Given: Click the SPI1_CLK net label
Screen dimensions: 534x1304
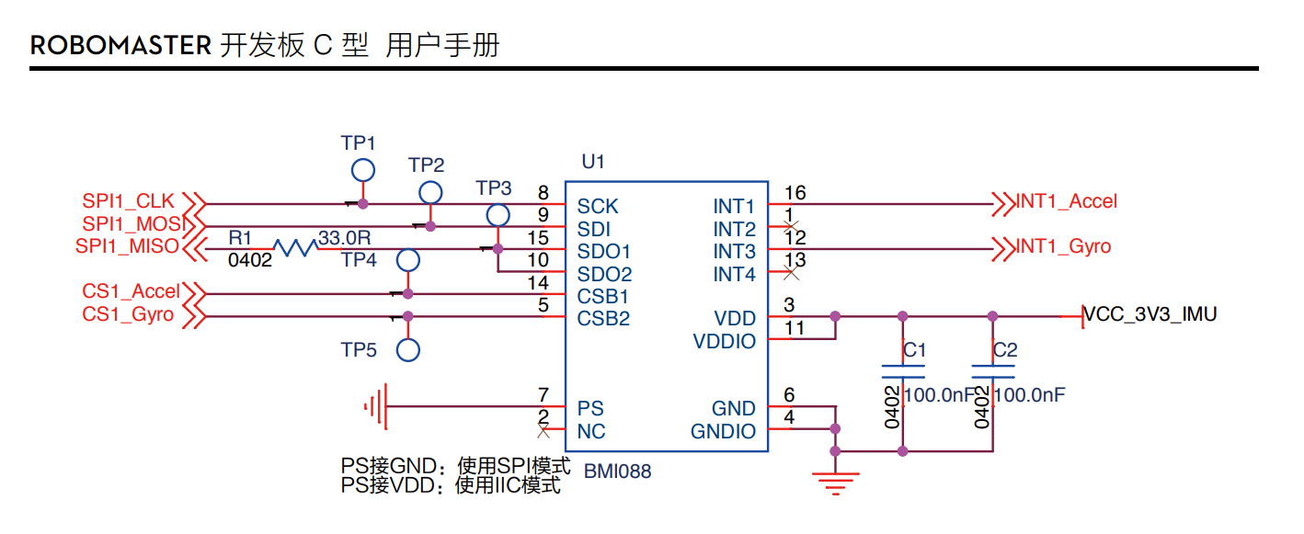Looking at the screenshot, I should click(x=128, y=201).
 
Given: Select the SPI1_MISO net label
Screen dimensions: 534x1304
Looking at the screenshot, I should click(x=128, y=246).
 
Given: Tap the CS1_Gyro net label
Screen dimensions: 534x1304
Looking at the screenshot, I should click(x=128, y=315).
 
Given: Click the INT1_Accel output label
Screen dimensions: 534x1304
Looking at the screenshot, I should click(x=1067, y=201).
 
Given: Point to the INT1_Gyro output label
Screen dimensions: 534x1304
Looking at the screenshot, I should click(x=1063, y=246).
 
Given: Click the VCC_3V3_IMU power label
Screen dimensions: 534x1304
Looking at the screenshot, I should click(x=1150, y=314).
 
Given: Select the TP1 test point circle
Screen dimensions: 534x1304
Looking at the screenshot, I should click(x=362, y=170).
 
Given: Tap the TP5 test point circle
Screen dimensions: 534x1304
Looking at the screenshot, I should click(x=408, y=350).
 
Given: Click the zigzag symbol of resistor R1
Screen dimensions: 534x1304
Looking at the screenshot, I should click(x=294, y=246).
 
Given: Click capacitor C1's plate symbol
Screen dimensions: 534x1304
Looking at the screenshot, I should click(x=903, y=371).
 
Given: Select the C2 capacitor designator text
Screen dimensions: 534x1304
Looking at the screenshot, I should click(x=1005, y=350).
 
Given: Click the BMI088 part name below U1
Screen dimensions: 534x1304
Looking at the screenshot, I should click(x=618, y=472).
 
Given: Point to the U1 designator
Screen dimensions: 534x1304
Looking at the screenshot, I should click(x=593, y=162).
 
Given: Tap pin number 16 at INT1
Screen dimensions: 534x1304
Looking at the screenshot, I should click(x=795, y=192).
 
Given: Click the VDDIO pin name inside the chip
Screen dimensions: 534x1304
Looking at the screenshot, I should click(x=724, y=342).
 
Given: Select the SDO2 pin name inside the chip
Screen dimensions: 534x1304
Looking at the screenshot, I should click(x=604, y=274).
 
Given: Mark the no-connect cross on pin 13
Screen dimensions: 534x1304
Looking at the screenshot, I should click(x=789, y=272).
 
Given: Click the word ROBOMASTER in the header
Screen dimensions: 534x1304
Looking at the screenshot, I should click(x=120, y=45).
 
